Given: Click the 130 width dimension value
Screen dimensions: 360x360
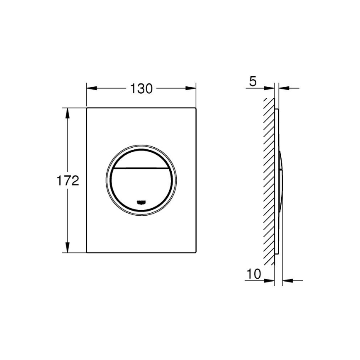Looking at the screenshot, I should [141, 88].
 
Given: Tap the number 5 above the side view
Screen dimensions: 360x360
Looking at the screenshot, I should [252, 82].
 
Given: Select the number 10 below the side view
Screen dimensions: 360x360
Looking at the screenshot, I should [253, 274].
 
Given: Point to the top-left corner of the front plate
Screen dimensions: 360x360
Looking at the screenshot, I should [87, 109].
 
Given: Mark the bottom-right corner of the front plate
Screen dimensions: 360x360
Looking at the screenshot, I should [195, 253].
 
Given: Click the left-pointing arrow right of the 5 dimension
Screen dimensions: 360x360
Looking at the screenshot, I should [284, 88].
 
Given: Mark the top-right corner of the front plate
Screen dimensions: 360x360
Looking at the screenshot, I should [195, 109].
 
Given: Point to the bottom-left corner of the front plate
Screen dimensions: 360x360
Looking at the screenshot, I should [87, 253].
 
